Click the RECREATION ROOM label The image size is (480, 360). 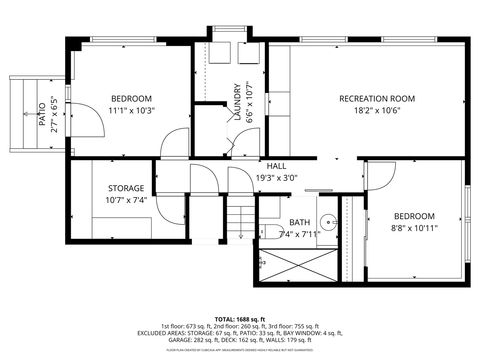(x=376, y=98)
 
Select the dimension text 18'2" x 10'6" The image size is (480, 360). (x=376, y=111)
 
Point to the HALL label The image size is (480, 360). (x=277, y=165)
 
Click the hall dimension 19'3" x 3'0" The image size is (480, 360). (x=277, y=178)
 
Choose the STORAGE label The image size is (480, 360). (x=126, y=188)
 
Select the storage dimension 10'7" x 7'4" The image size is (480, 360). (x=126, y=200)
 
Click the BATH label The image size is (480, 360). (x=299, y=222)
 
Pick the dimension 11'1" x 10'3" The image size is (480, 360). (x=131, y=110)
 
